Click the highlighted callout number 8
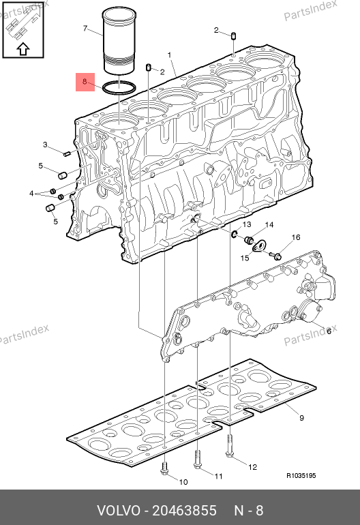pyautogui.click(x=85, y=81)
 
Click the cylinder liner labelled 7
pyautogui.click(x=119, y=40)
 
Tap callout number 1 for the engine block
pyautogui.click(x=170, y=55)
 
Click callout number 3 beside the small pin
pyautogui.click(x=45, y=145)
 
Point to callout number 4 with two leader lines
pyautogui.click(x=31, y=194)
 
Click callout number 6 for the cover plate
pyautogui.click(x=329, y=331)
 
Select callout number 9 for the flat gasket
pyautogui.click(x=301, y=418)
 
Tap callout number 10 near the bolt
pyautogui.click(x=183, y=482)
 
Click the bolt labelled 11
pyautogui.click(x=198, y=460)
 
